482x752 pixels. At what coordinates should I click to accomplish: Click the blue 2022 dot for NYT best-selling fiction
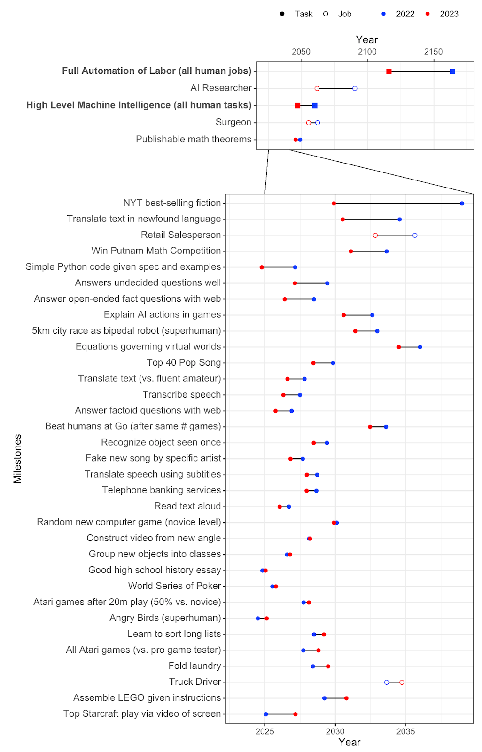[x=462, y=204]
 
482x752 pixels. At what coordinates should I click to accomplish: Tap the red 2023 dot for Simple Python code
[x=262, y=267]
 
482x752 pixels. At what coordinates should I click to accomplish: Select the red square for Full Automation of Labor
[x=389, y=71]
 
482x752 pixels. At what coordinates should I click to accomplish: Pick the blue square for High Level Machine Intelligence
[x=315, y=106]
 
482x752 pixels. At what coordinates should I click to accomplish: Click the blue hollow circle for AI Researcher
[x=355, y=88]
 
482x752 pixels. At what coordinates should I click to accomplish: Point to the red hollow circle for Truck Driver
[x=402, y=682]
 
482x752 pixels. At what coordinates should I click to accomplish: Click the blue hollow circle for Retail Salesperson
[x=415, y=235]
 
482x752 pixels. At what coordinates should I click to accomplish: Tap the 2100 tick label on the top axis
[x=367, y=52]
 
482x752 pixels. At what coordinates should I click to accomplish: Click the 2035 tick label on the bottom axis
[x=405, y=731]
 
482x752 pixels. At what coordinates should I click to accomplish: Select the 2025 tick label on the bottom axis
[x=265, y=731]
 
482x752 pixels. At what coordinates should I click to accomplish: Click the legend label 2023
[x=449, y=14]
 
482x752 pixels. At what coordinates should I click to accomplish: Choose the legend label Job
[x=344, y=14]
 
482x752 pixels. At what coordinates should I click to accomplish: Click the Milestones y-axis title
[x=17, y=458]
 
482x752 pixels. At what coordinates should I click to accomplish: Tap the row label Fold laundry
[x=194, y=666]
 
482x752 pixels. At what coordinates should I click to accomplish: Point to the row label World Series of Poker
[x=174, y=586]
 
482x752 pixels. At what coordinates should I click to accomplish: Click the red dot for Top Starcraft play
[x=295, y=714]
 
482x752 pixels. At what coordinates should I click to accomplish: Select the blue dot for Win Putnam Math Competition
[x=387, y=251]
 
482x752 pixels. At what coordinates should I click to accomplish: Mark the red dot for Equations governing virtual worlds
[x=399, y=347]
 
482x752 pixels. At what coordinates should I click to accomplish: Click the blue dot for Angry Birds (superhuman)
[x=258, y=619]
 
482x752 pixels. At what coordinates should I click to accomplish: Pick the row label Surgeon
[x=233, y=122]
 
